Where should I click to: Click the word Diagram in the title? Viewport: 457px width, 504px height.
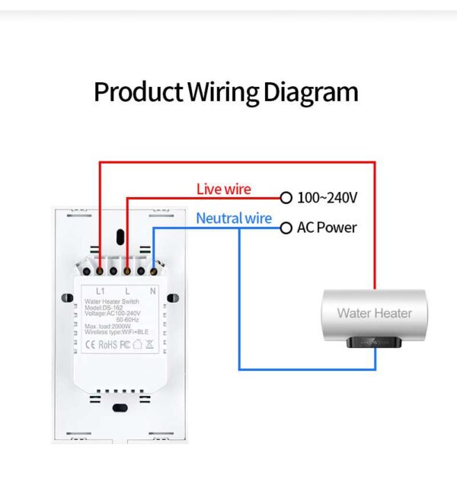(311, 92)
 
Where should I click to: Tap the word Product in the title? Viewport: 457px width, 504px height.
(136, 92)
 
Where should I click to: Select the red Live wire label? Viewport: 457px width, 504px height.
(223, 188)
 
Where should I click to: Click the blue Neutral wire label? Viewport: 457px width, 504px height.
(233, 219)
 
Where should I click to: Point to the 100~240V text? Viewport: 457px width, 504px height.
(327, 198)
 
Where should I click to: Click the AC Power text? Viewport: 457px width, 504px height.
(327, 228)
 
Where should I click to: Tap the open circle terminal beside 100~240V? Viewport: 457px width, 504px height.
(286, 198)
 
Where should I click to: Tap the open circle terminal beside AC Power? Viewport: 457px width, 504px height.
(286, 228)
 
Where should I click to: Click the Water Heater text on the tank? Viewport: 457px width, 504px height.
(374, 313)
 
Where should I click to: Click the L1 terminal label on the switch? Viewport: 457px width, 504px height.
(99, 292)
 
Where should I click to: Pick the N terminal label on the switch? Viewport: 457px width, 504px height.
(152, 292)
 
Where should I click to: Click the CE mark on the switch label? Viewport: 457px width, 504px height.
(88, 344)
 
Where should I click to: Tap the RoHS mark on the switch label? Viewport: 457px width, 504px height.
(107, 344)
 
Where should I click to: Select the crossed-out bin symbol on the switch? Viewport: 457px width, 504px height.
(150, 344)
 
